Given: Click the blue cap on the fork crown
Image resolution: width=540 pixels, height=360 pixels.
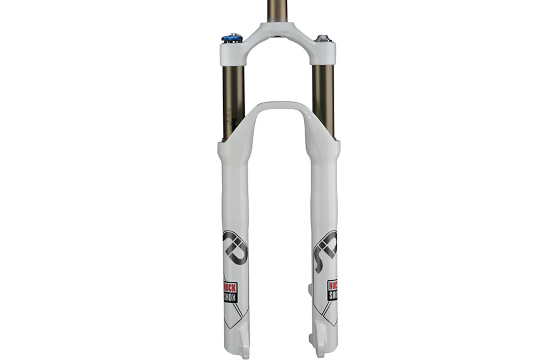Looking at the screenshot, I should (232, 38).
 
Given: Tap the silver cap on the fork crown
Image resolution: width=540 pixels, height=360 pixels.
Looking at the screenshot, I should (323, 39).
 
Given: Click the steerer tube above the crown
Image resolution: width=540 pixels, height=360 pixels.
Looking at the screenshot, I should (277, 12).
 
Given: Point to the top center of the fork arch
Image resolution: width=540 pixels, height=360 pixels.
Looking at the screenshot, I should (277, 107).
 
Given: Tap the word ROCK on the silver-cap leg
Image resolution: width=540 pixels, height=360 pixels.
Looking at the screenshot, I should (332, 286).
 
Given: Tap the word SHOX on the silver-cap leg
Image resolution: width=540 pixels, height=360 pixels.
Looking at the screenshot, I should (332, 296).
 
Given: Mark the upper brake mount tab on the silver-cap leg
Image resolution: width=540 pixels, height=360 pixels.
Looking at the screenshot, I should (310, 290).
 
